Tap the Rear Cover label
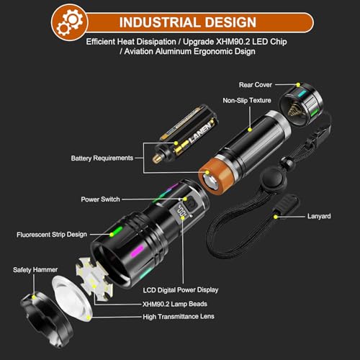click(x=257, y=84)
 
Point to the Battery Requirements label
click(x=102, y=158)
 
